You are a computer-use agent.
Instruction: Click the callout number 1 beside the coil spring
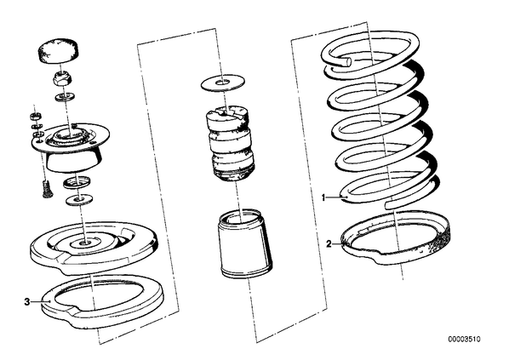click(323, 197)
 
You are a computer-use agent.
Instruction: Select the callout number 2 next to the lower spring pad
click(329, 243)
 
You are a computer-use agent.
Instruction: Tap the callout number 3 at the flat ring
click(27, 302)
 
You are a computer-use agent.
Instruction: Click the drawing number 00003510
click(464, 340)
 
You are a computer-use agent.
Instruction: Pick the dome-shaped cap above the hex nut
click(60, 51)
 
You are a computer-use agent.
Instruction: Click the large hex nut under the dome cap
click(63, 80)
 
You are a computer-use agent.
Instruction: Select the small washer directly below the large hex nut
click(66, 96)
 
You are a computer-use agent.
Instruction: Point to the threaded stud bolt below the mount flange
click(48, 189)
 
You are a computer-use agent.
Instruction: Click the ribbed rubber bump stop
click(230, 143)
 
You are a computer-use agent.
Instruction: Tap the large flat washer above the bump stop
click(223, 83)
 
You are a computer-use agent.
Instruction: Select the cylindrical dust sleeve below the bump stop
click(243, 244)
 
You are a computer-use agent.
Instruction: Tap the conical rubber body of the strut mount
click(73, 162)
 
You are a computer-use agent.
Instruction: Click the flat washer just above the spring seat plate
click(79, 199)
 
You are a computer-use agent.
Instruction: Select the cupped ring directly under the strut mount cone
click(77, 183)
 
